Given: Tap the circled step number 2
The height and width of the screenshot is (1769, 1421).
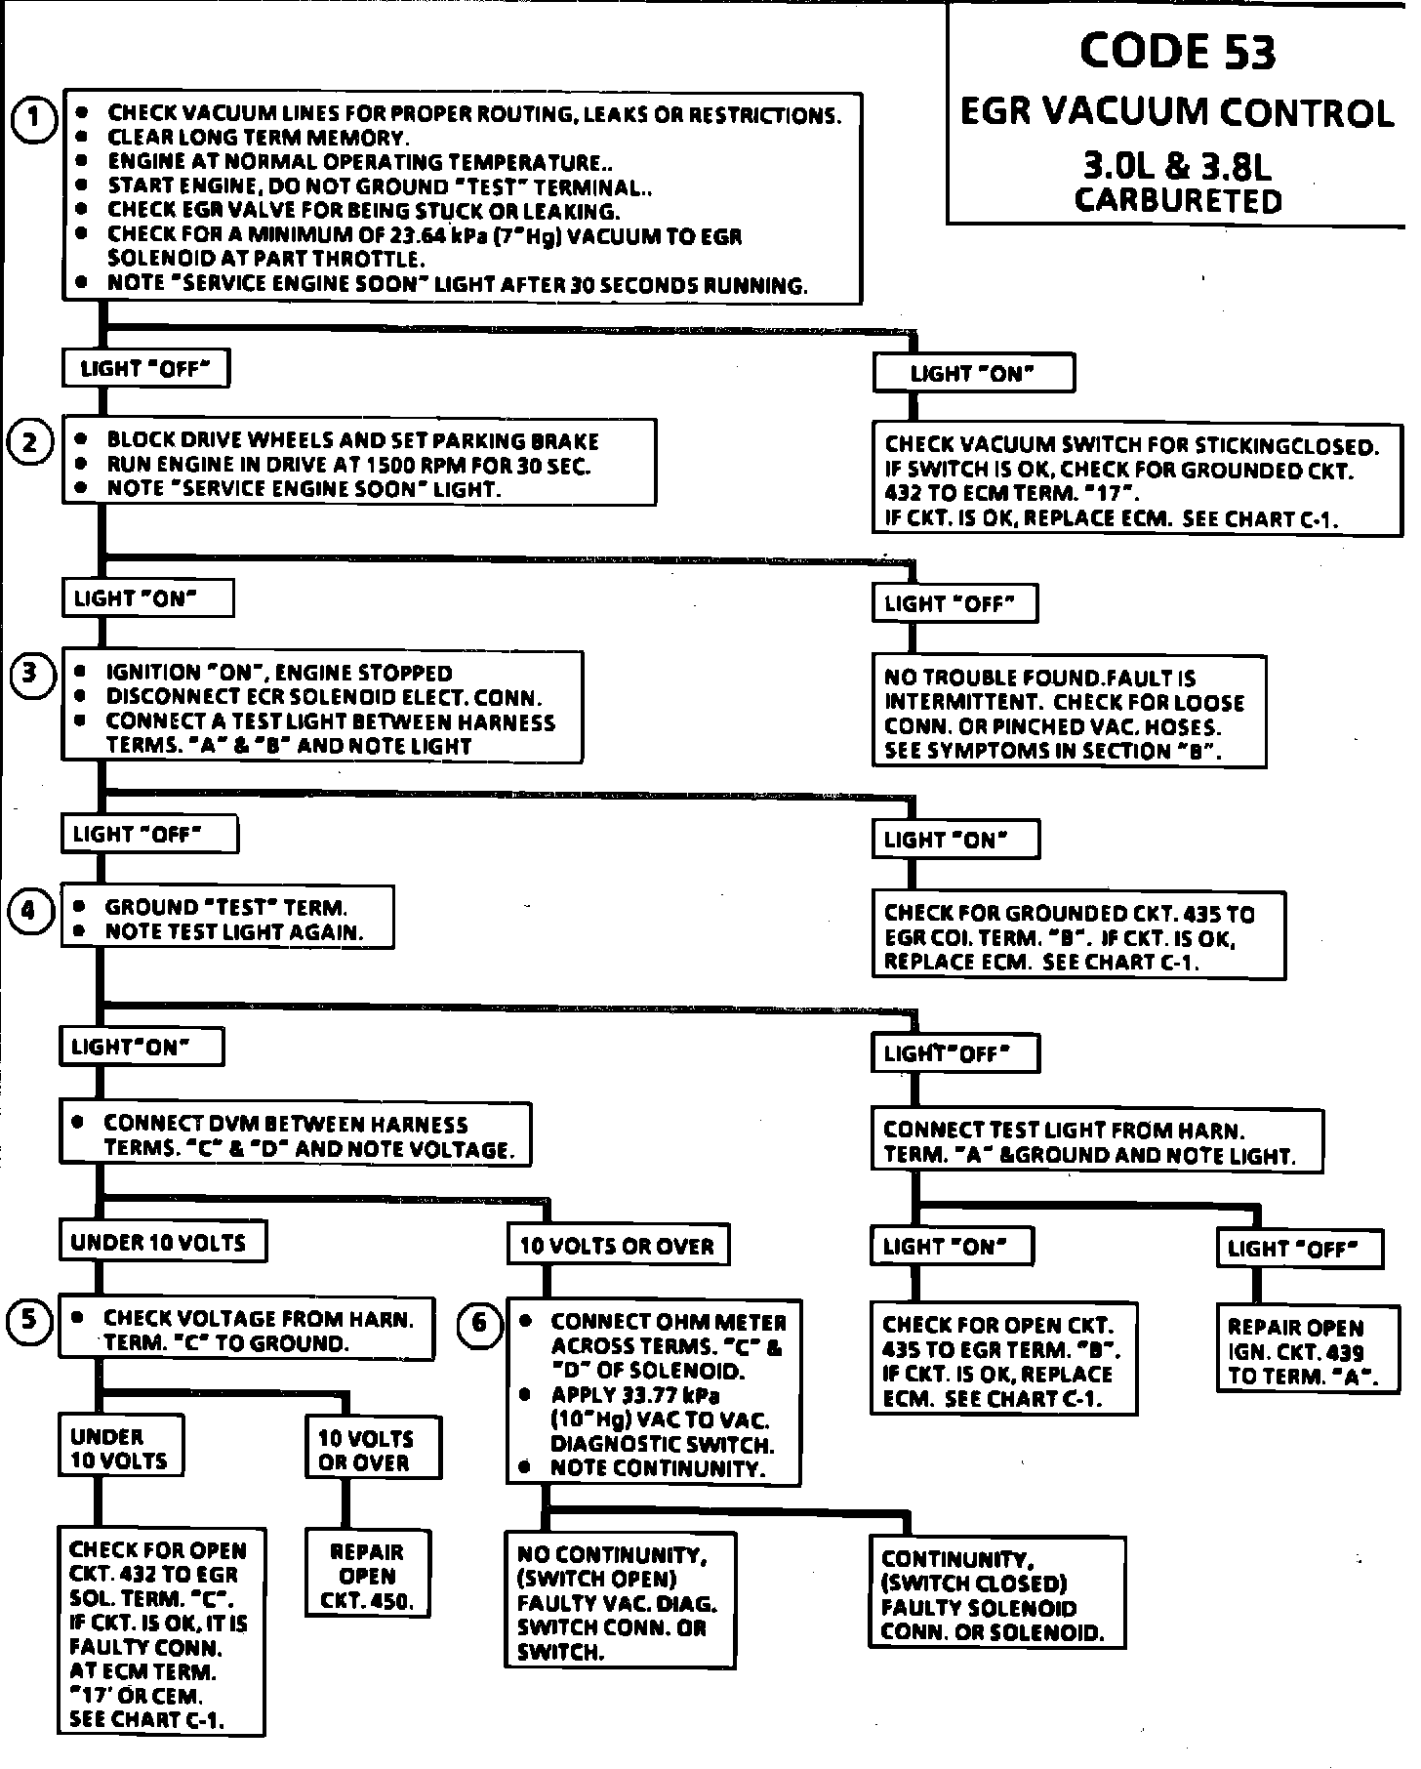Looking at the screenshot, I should tap(30, 443).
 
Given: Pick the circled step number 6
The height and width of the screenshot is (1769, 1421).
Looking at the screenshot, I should tap(479, 1323).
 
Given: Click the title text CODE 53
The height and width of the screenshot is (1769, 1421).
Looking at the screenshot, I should tap(1177, 52).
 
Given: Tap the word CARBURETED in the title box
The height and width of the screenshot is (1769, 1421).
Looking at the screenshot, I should tap(1178, 201).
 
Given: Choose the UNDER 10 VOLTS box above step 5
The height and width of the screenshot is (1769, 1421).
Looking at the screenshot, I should tap(162, 1242).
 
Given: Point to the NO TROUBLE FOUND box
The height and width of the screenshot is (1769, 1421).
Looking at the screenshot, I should tap(1069, 714).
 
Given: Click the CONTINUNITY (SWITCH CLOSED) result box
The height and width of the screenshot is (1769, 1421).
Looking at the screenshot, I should tap(996, 1594).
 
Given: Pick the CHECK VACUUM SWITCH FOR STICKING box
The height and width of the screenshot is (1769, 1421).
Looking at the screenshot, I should tap(1136, 481).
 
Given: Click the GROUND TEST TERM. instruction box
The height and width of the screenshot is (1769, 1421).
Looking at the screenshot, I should tap(227, 919).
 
